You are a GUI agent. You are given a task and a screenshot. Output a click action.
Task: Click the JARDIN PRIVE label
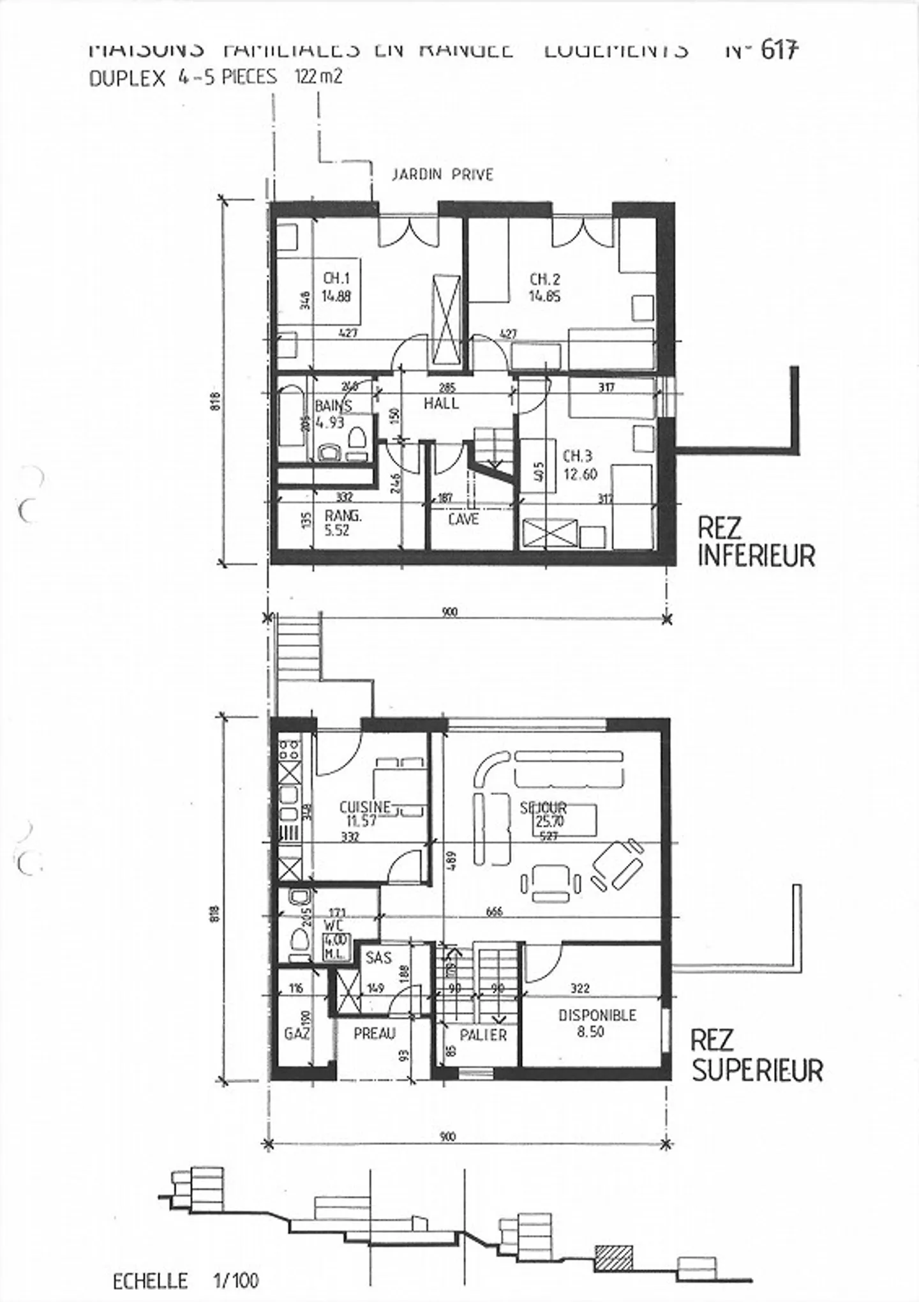tap(442, 174)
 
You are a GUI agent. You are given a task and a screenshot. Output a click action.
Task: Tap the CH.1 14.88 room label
tap(337, 287)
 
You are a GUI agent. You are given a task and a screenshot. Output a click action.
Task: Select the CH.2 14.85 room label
tap(545, 287)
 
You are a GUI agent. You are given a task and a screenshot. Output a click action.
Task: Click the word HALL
tap(441, 404)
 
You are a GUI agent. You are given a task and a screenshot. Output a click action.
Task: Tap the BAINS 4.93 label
tap(332, 414)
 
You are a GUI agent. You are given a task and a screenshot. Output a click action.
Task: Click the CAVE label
tap(463, 519)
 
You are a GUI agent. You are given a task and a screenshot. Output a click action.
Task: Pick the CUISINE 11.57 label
tap(364, 814)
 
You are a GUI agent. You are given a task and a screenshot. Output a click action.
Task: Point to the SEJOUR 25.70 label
tap(543, 815)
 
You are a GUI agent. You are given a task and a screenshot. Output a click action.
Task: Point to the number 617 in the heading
tap(779, 50)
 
